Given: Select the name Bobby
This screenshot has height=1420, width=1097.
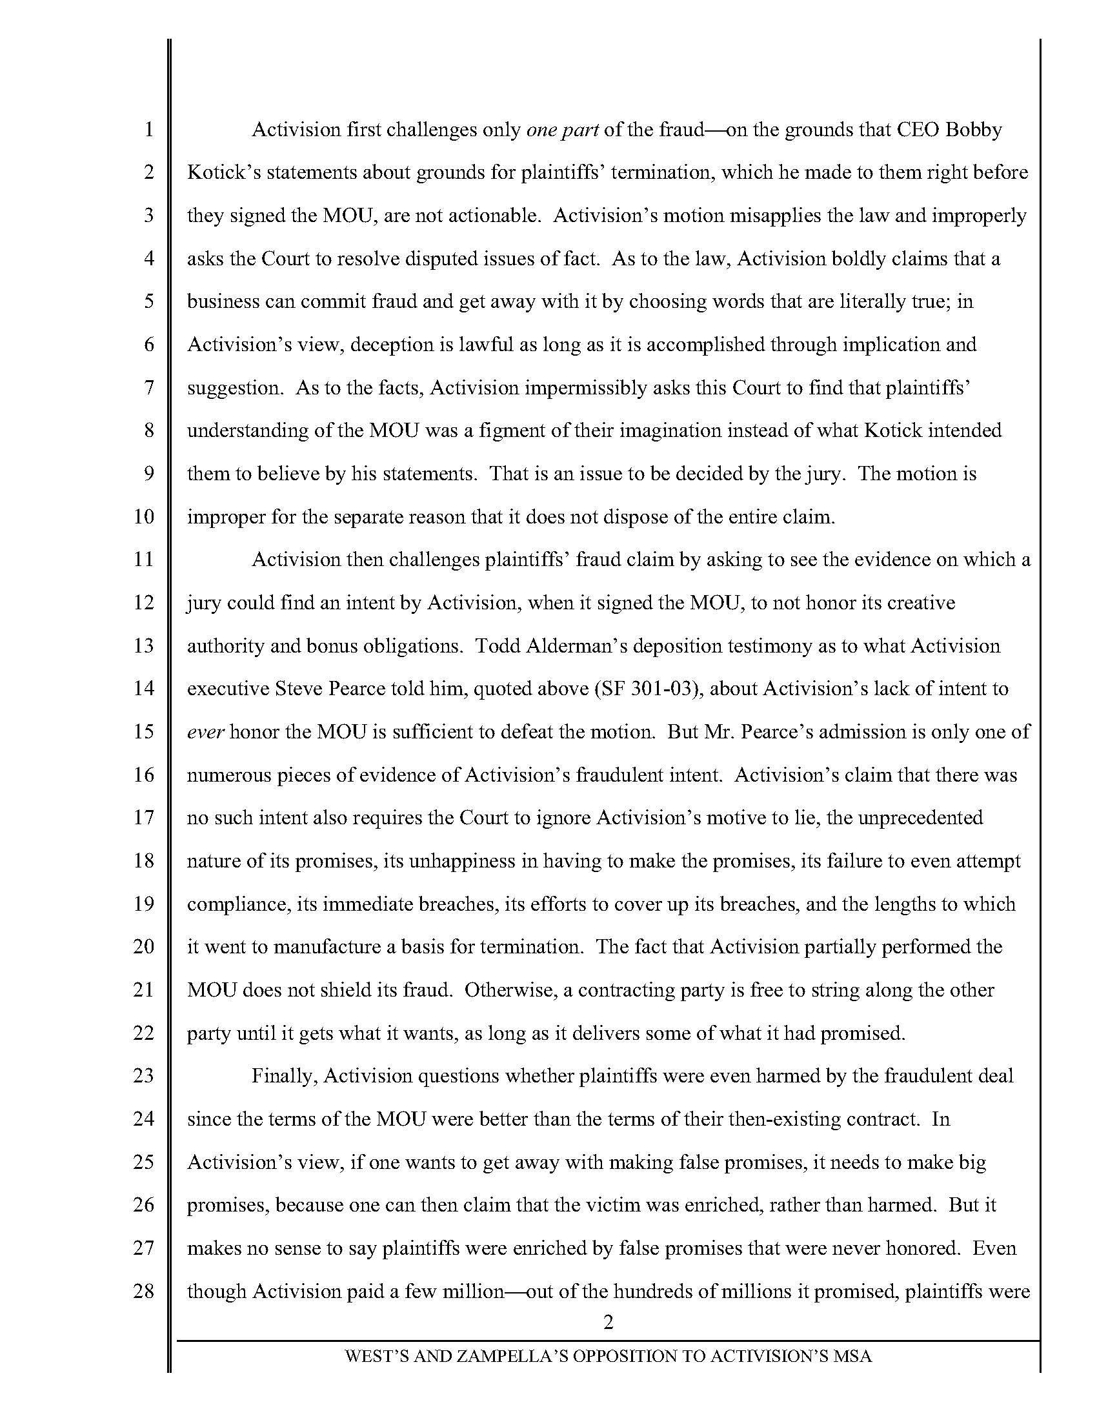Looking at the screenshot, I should pyautogui.click(x=974, y=130).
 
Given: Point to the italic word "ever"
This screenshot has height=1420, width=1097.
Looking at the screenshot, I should pyautogui.click(x=206, y=731).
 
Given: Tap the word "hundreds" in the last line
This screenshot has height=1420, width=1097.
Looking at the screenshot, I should pyautogui.click(x=649, y=1291).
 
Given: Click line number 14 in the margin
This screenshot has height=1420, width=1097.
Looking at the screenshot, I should pyautogui.click(x=143, y=689).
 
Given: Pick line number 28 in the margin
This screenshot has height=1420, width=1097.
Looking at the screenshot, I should pyautogui.click(x=143, y=1291).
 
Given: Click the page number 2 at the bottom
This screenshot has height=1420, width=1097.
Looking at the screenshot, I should pyautogui.click(x=609, y=1322).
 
